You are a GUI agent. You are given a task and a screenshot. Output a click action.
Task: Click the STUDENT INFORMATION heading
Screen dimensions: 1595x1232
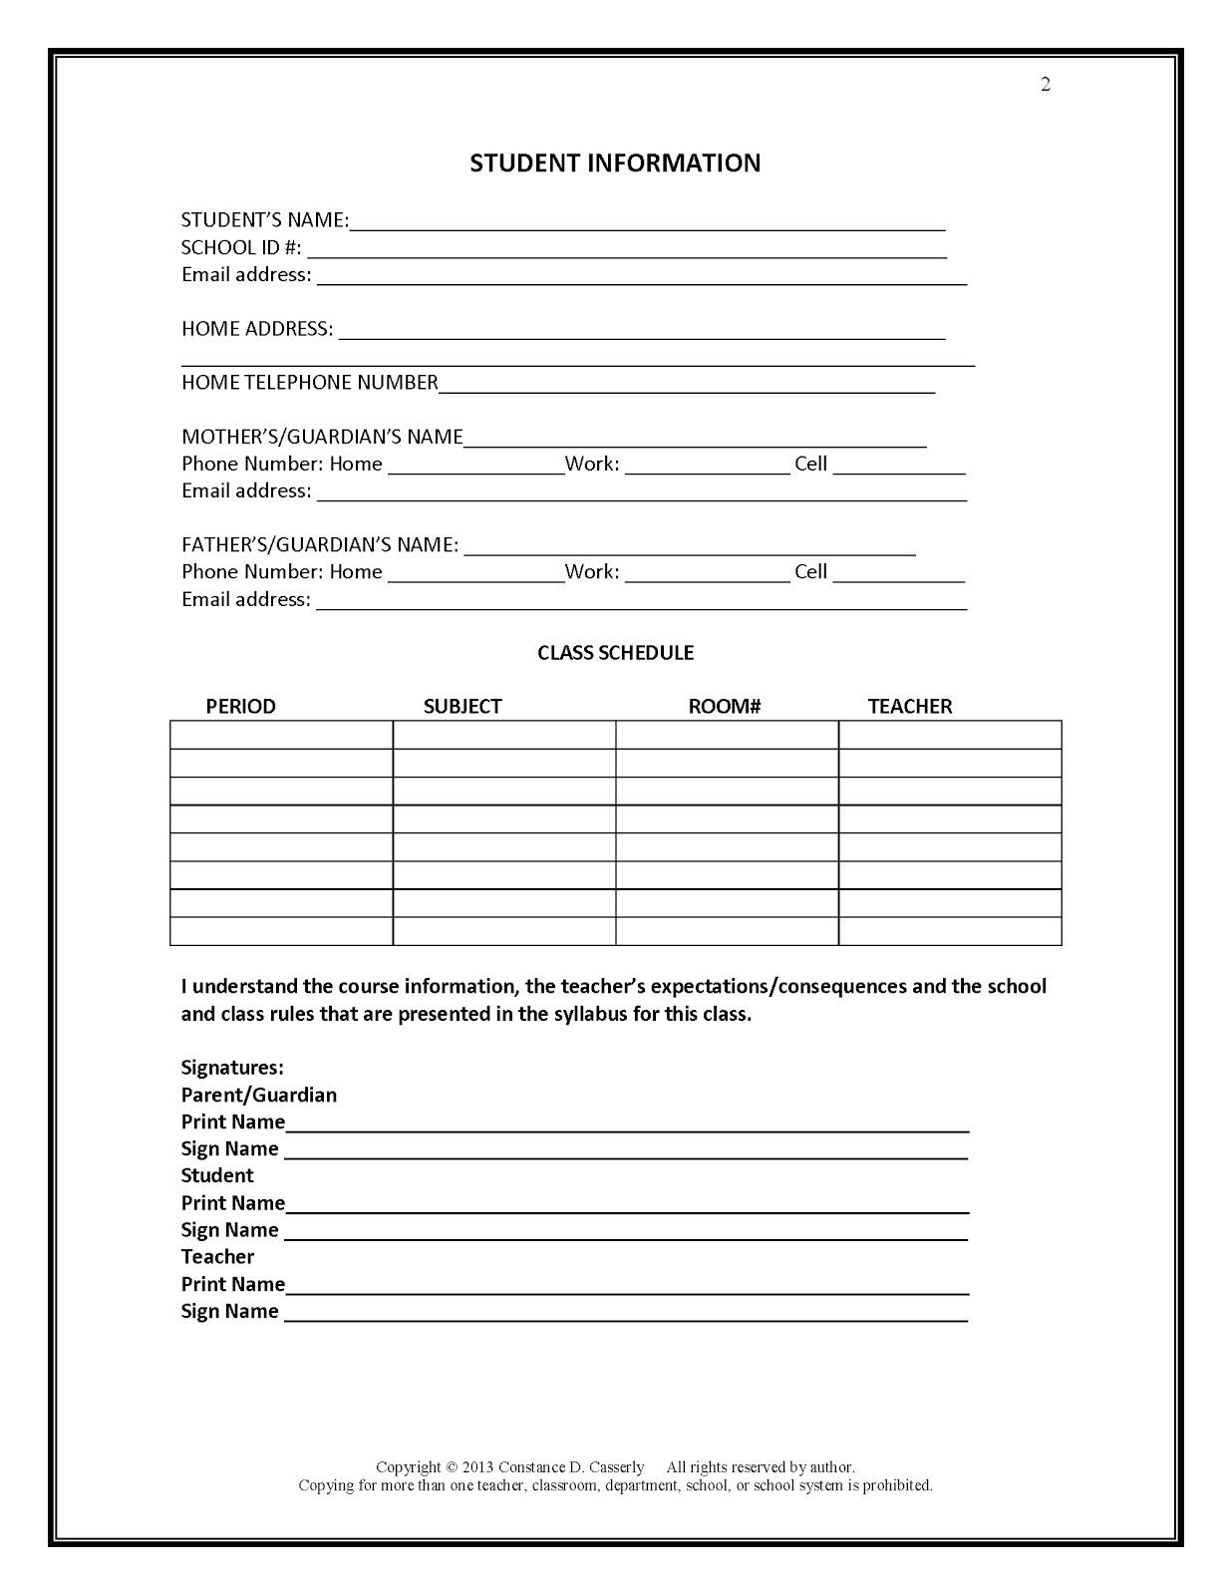[x=615, y=163]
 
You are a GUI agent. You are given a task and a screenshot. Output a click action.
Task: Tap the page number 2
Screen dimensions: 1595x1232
[x=1046, y=85]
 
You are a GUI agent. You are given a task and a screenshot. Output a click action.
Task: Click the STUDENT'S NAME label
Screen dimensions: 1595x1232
[x=264, y=220]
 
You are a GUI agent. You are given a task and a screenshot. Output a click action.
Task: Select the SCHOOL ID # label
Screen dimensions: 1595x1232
[x=241, y=247]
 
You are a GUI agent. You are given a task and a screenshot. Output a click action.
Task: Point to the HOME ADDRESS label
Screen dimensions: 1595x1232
[x=257, y=329]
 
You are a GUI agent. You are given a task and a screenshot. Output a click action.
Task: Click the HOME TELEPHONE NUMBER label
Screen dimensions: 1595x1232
[x=310, y=383]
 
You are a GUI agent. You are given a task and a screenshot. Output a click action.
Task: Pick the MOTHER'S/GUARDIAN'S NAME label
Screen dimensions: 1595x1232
[x=322, y=437]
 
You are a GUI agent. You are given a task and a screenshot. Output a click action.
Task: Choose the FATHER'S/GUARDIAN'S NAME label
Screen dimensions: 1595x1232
[x=320, y=545]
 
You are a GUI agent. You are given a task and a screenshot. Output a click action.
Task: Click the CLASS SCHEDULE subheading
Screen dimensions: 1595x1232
[x=615, y=653]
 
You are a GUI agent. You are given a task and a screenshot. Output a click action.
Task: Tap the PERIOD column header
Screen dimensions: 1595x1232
[x=240, y=707]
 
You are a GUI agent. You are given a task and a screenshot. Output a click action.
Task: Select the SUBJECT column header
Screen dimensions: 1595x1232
[x=462, y=707]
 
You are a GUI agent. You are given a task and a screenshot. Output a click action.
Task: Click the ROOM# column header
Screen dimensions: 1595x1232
[x=725, y=707]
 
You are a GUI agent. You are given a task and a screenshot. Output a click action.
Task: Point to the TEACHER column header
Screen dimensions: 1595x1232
[x=910, y=707]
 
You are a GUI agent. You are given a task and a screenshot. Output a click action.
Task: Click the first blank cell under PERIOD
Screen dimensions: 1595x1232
[x=281, y=735]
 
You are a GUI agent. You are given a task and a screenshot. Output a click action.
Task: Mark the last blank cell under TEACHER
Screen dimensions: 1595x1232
[x=950, y=931]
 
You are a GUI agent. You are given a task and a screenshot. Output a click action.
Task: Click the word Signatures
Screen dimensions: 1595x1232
[x=232, y=1068]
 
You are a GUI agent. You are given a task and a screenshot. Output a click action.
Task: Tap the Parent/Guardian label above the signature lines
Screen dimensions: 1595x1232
[x=259, y=1095]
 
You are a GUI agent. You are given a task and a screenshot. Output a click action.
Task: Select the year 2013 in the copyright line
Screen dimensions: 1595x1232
[x=478, y=1467]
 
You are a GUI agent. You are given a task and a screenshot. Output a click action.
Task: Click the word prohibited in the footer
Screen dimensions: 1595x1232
[x=896, y=1485]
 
